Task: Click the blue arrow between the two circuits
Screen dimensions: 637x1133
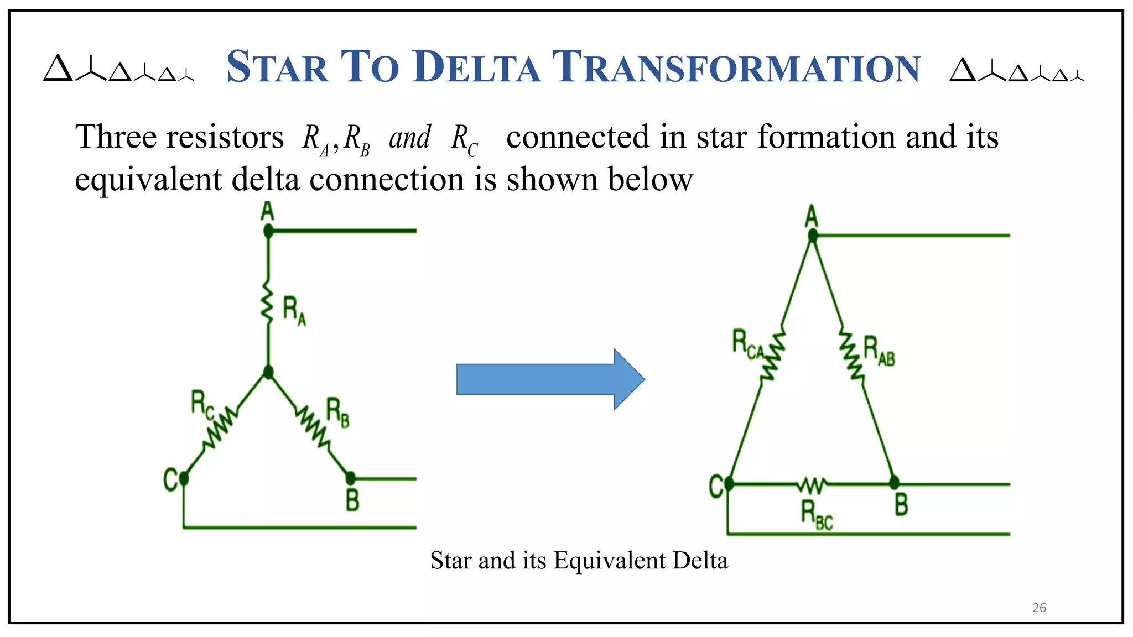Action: (x=550, y=379)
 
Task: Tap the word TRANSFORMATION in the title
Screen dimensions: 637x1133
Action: (x=736, y=67)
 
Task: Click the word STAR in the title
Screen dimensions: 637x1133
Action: (x=278, y=67)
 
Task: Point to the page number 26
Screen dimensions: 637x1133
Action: (x=1039, y=608)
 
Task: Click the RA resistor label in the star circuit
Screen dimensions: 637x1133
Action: (x=294, y=310)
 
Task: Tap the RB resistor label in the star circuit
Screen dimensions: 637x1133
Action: (x=337, y=413)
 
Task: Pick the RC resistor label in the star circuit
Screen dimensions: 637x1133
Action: (x=202, y=404)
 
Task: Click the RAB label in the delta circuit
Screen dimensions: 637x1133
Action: (x=879, y=351)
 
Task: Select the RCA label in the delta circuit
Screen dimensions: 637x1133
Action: (x=747, y=344)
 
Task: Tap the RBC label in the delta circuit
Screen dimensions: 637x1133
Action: (x=817, y=515)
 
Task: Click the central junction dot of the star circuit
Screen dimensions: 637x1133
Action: (x=268, y=372)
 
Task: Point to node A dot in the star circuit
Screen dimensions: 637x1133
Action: (x=268, y=231)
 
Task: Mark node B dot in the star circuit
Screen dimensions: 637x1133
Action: (x=350, y=478)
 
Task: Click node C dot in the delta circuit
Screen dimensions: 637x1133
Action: (x=729, y=484)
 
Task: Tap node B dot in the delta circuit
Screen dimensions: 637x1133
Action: (x=894, y=483)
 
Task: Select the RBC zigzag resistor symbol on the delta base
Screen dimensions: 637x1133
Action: (x=812, y=485)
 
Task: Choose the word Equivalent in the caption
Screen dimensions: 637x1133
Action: (x=610, y=561)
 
